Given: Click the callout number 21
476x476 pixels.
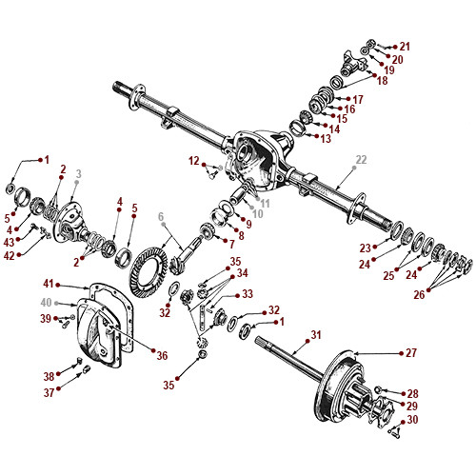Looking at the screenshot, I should coord(405,46).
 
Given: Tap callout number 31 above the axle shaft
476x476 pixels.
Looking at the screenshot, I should coord(316,335).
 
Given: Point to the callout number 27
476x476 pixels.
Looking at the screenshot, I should coord(411,352).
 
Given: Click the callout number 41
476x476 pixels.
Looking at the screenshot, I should coord(49,284).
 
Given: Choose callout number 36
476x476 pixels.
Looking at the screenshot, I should coord(162,355).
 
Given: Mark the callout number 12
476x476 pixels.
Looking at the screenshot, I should coord(194,160).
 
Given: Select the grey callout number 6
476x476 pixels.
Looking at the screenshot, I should coord(162,216).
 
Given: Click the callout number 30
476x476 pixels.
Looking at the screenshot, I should coord(411,419).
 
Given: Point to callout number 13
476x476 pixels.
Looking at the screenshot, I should coord(326,138).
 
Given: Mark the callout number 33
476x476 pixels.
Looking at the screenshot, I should coord(247,293).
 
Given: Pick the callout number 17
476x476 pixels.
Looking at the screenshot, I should coord(357,99).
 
